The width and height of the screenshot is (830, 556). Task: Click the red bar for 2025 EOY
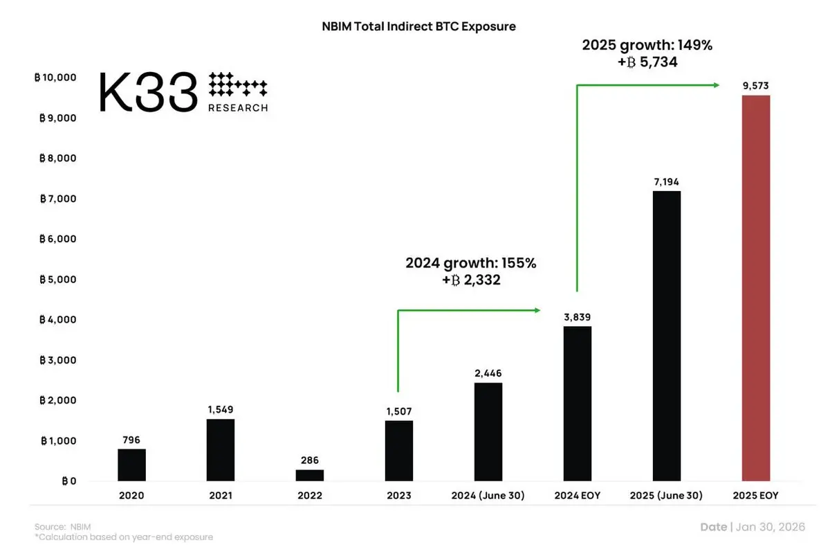(755, 287)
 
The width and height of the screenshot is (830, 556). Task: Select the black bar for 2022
(309, 475)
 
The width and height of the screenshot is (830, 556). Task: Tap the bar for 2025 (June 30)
(666, 336)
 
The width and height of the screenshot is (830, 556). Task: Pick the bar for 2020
(131, 465)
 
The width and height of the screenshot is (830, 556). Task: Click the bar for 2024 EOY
(577, 403)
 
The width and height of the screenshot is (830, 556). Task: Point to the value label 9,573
(755, 86)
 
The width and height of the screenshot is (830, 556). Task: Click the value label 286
(309, 460)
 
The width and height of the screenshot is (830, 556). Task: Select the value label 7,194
(666, 182)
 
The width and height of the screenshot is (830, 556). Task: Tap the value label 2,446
(488, 373)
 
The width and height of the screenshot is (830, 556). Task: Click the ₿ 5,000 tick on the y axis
(57, 280)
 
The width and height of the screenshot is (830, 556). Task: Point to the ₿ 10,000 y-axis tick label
(55, 78)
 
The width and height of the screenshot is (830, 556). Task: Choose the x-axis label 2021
(221, 495)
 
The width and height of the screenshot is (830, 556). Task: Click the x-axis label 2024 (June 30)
(488, 495)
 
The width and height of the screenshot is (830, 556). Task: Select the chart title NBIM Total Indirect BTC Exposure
(419, 27)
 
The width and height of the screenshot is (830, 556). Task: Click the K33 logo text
(148, 91)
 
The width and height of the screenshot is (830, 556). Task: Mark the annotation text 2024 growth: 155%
(471, 264)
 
